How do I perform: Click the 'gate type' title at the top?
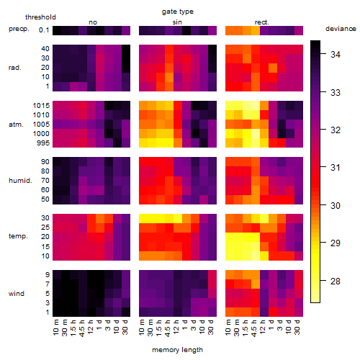178,12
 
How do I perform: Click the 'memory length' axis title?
177,350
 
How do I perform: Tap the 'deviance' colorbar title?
341,29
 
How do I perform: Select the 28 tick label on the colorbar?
336,281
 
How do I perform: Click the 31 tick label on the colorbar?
336,168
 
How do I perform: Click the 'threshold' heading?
40,17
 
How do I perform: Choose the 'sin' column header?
177,22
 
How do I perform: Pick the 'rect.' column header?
261,22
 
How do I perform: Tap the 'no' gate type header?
93,22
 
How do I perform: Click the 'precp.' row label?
19,29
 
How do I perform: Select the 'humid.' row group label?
20,181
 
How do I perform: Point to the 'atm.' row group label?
16,125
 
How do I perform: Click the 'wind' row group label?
17,294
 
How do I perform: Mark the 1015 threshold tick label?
41,106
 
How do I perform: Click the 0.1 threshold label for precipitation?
44,30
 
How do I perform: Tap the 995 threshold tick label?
43,143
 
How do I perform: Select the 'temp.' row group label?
18,236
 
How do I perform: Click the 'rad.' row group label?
15,68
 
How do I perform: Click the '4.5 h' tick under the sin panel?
168,328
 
